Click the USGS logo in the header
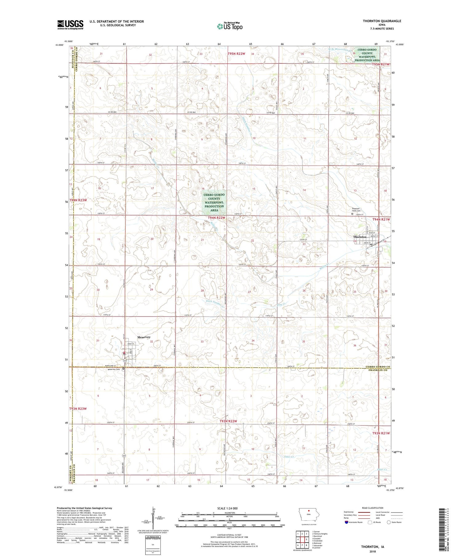pyautogui.click(x=70, y=25)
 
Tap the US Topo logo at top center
pyautogui.click(x=229, y=26)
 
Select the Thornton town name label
pyautogui.click(x=360, y=237)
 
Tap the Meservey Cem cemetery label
pyautogui.click(x=114, y=369)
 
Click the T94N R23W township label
pyautogui.click(x=78, y=200)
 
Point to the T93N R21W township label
pyautogui.click(x=381, y=433)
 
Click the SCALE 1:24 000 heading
pyautogui.click(x=228, y=508)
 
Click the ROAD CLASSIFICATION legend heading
pyautogui.click(x=373, y=508)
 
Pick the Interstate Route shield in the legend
pyautogui.click(x=347, y=522)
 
